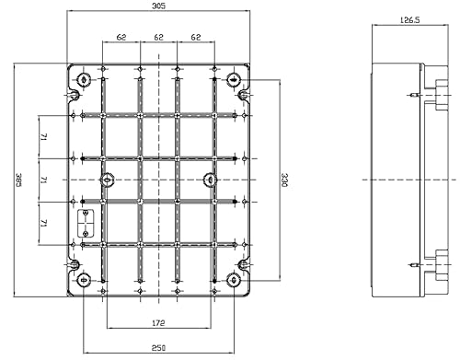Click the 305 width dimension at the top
[x=160, y=6]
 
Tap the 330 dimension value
[x=284, y=179]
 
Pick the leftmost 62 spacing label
[x=121, y=38]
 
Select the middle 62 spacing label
[x=158, y=38]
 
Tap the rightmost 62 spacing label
[x=195, y=38]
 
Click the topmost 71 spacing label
[x=43, y=136]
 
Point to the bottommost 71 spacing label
[x=43, y=223]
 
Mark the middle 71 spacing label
[x=43, y=180]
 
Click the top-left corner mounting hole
[x=85, y=77]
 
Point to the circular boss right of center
[x=210, y=179]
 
